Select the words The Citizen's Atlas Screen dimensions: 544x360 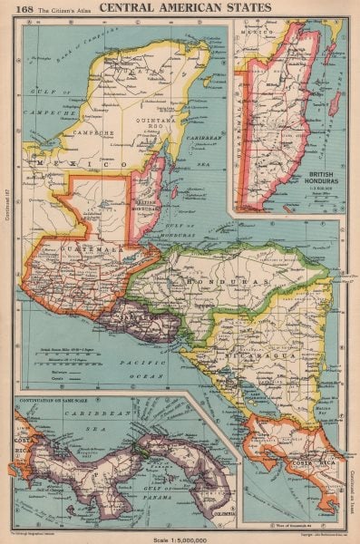pyautogui.click(x=69, y=10)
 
